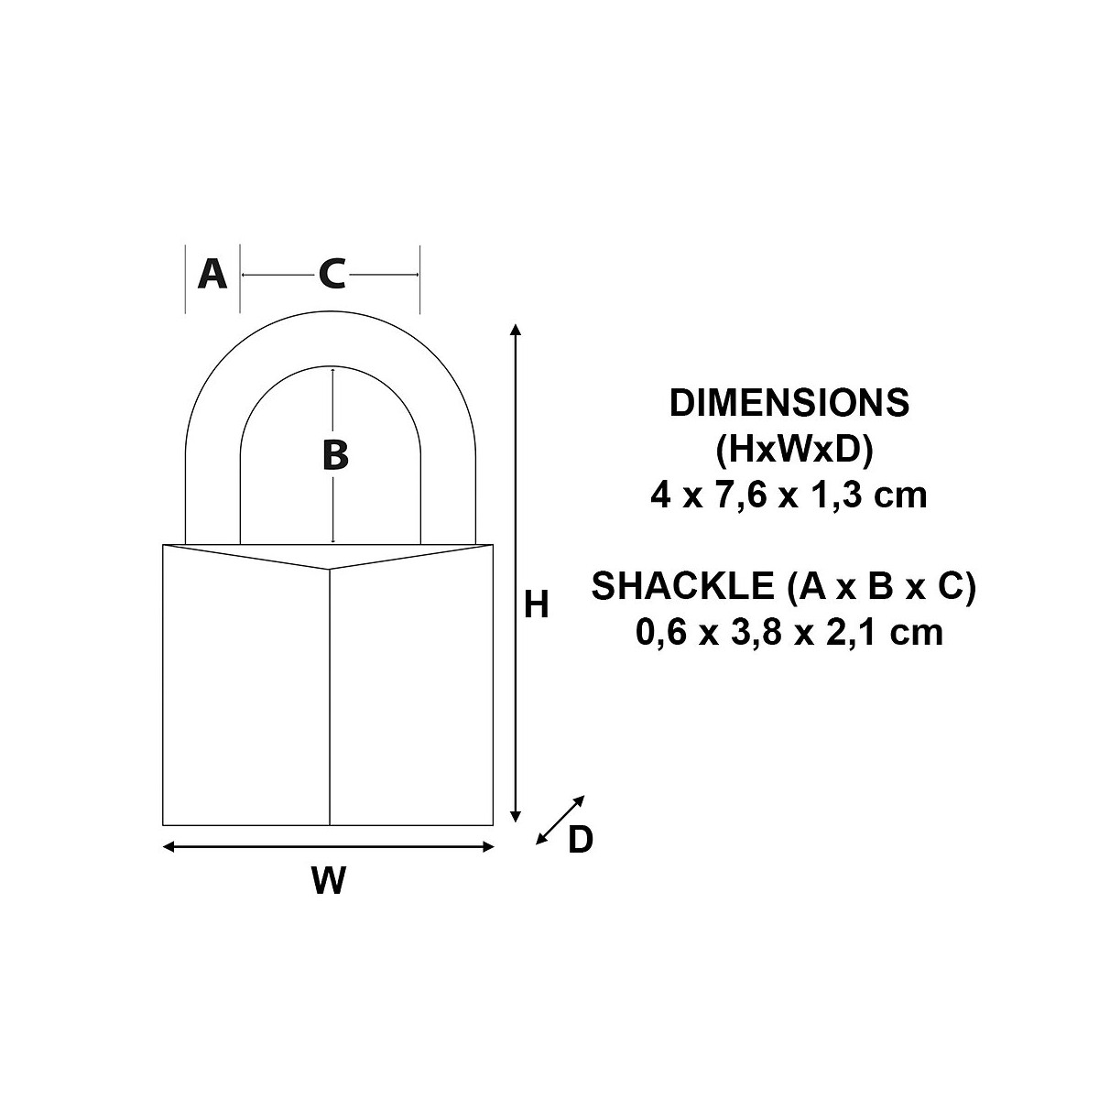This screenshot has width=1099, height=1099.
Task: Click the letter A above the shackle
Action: pos(212,274)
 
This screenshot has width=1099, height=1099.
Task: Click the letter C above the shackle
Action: pos(332,274)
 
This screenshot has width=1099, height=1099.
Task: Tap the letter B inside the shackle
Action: pos(335,455)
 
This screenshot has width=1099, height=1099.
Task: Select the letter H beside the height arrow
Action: pos(536,604)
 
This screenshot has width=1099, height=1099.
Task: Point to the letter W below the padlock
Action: pos(329,880)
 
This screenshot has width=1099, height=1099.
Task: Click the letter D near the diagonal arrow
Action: pos(581,840)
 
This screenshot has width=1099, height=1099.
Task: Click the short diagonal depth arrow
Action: pos(560,820)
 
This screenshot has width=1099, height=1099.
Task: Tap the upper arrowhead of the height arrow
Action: pos(516,329)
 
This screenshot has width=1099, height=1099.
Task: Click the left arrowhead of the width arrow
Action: pos(169,847)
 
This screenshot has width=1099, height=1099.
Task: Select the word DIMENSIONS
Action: pos(789,402)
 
